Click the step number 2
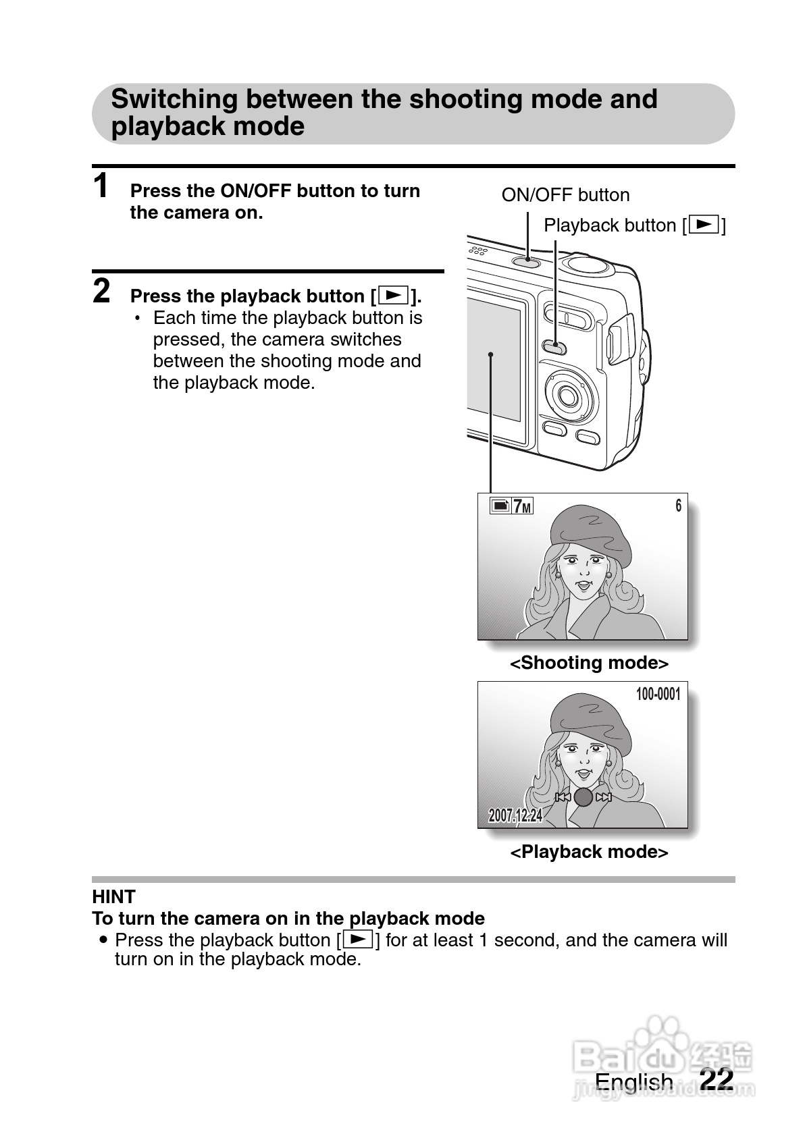tap(101, 291)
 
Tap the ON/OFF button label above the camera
tap(565, 195)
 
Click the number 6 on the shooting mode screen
tap(678, 506)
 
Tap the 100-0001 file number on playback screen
tap(658, 695)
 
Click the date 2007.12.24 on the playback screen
tap(515, 815)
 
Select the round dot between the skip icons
tap(583, 797)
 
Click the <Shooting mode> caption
tap(589, 663)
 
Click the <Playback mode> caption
tap(589, 852)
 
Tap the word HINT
tap(113, 897)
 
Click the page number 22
tap(717, 1079)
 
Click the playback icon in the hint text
tap(358, 939)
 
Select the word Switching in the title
tap(174, 99)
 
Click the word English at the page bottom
tap(633, 1082)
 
